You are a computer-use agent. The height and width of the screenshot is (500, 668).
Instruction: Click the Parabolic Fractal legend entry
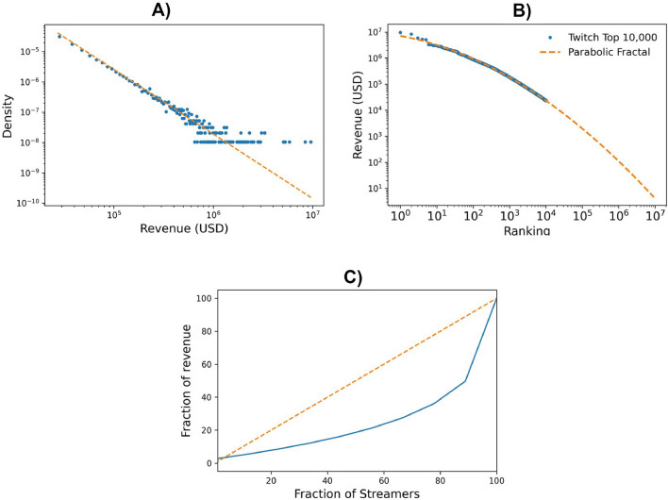[x=593, y=51]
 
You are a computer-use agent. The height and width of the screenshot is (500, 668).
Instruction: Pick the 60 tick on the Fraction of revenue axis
[x=209, y=364]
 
